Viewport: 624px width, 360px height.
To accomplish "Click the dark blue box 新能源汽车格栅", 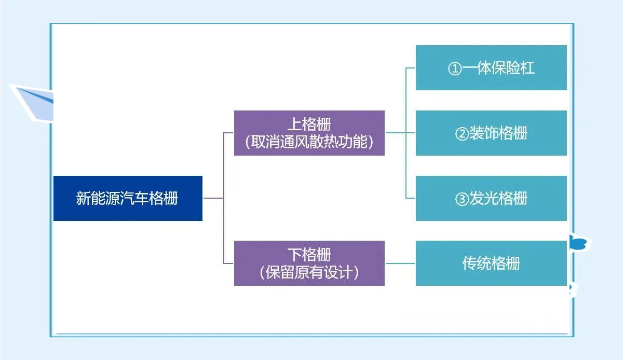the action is (x=128, y=198).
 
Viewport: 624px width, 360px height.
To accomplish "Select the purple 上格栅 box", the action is (x=309, y=133).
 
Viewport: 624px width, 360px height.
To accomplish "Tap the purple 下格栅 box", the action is (x=309, y=263).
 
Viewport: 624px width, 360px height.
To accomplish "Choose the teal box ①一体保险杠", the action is (x=491, y=67).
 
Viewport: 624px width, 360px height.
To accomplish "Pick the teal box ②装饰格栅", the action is (x=491, y=133).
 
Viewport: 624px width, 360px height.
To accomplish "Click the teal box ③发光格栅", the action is (x=491, y=198).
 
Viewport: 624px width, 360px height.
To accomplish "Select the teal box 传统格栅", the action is (x=491, y=263).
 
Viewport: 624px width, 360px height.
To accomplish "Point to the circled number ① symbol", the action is (x=455, y=68).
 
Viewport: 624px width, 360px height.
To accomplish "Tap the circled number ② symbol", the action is (x=462, y=134).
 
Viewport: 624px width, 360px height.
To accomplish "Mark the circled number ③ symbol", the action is (x=462, y=199).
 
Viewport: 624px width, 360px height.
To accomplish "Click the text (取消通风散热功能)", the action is (x=309, y=142).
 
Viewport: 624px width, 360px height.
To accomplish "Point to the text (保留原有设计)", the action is (x=309, y=272).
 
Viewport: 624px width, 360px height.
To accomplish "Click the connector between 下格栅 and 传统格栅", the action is (x=400, y=263).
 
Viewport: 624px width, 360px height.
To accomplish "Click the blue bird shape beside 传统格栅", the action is (x=580, y=243).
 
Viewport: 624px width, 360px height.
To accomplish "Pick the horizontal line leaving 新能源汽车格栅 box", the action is (x=213, y=198).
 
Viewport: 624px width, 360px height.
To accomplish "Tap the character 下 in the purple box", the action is (x=295, y=255).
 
